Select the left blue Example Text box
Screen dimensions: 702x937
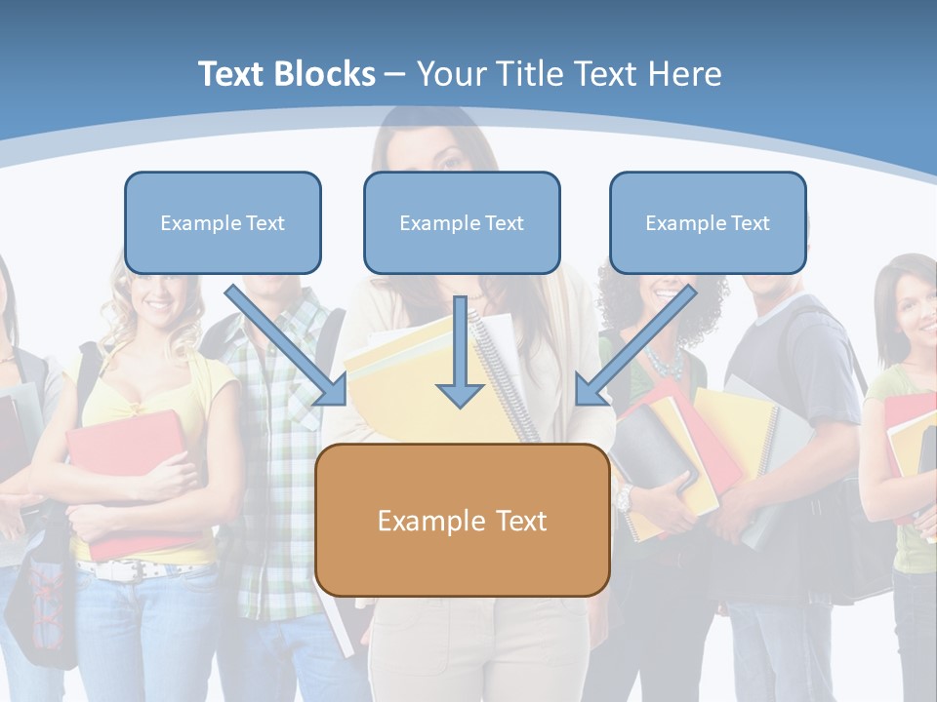[223, 222]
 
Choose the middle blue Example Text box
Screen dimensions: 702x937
[462, 222]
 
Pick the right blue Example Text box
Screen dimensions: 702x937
[708, 222]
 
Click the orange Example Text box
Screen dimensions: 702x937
[462, 520]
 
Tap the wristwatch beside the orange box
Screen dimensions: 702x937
[624, 498]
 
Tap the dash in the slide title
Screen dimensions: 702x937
[395, 74]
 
